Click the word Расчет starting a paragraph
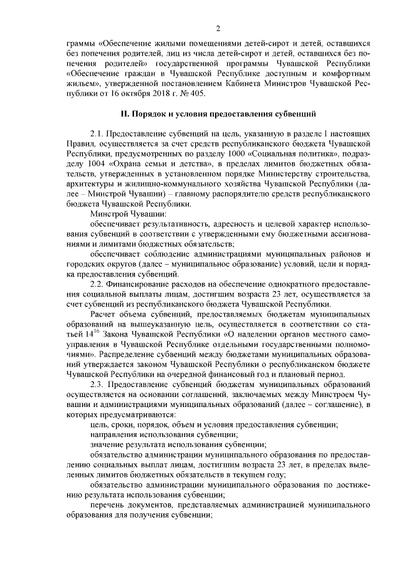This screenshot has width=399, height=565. (x=105, y=313)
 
